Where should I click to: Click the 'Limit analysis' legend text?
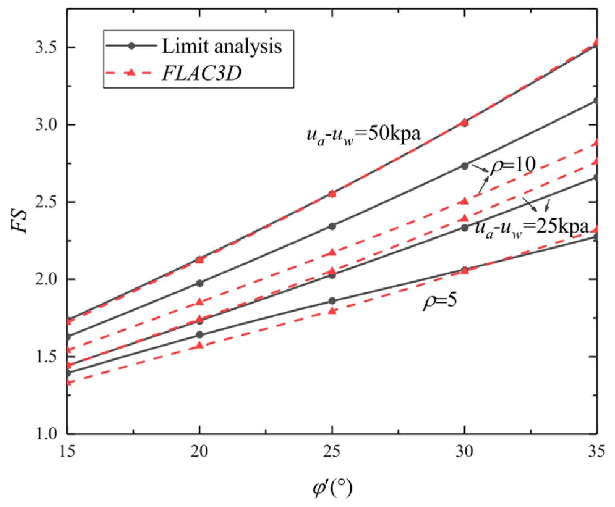coord(222,46)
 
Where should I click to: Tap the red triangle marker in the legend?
coord(131,73)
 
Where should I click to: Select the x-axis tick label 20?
coord(199,451)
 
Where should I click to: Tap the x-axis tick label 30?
coord(464,451)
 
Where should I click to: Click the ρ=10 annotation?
coord(513,165)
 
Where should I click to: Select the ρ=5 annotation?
coord(440,300)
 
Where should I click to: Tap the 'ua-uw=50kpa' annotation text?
coord(363,135)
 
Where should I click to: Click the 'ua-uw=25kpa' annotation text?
coord(531,228)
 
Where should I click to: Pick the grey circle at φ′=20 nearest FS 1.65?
coord(200,335)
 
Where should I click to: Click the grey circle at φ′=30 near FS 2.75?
coord(464,166)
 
